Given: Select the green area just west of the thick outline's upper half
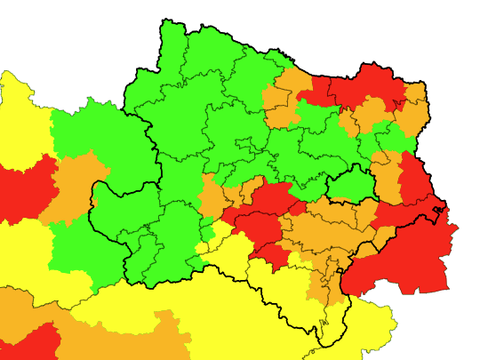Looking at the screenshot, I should (93, 133).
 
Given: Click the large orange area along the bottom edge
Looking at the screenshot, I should (133, 342).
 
